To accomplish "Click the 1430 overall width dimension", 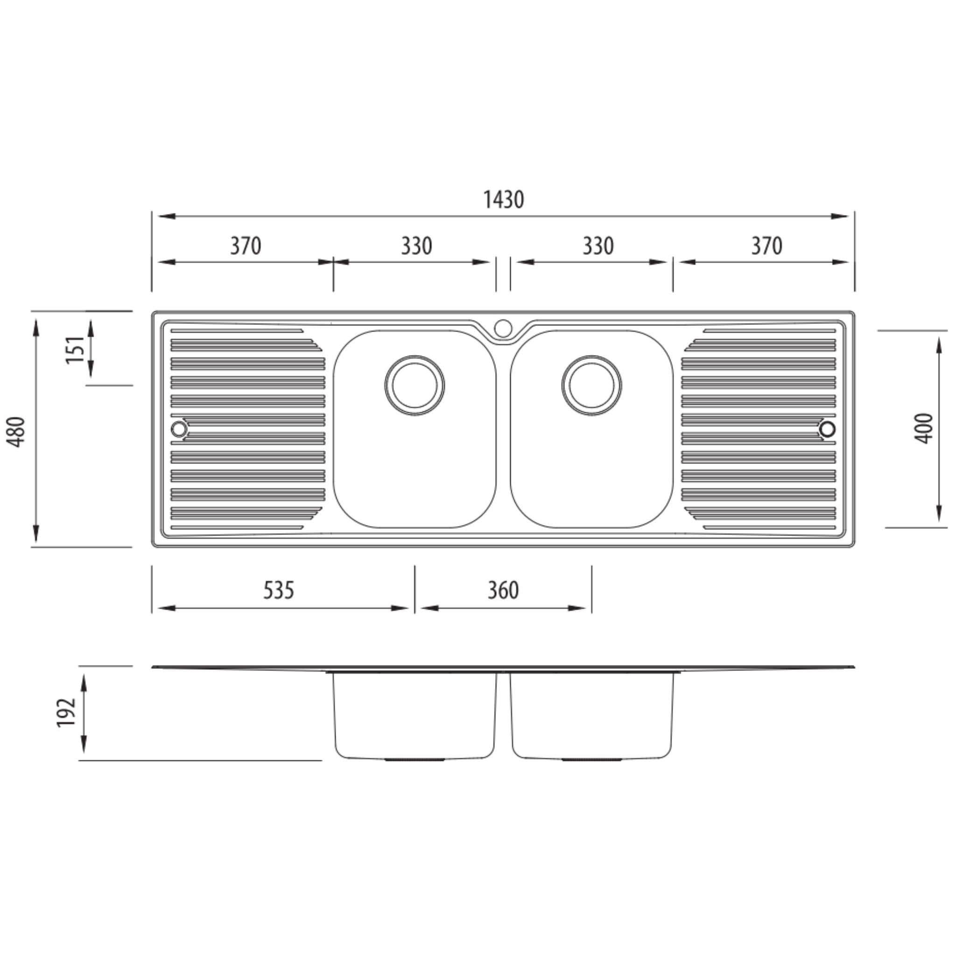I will click(x=503, y=200).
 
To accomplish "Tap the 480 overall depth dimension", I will click(x=17, y=431).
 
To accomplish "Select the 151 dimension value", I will click(x=75, y=349).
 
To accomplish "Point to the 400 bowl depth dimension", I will click(x=924, y=428).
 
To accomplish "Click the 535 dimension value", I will click(x=279, y=590).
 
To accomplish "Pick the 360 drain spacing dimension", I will click(x=503, y=590).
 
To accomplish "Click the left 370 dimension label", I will click(x=246, y=246).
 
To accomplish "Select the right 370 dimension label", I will click(x=766, y=246).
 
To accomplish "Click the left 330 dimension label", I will click(x=416, y=246).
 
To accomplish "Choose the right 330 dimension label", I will click(x=598, y=246).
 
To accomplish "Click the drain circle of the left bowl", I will click(x=415, y=386).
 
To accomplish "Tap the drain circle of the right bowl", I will click(x=592, y=386).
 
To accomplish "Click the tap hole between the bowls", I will click(x=503, y=328).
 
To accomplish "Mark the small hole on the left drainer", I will click(x=179, y=429).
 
